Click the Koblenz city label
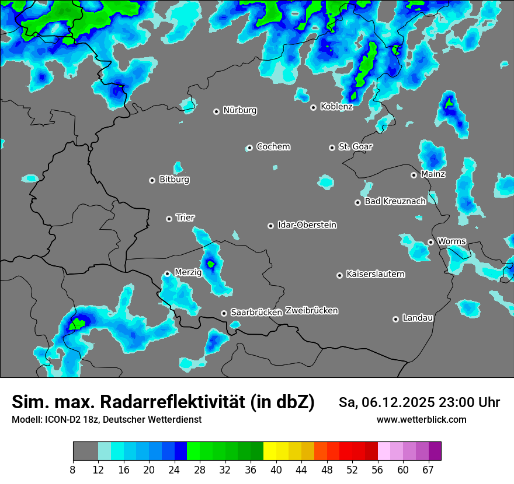tap(336, 107)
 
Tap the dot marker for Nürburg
tap(216, 111)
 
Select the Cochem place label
tap(273, 146)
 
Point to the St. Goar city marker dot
tap(332, 148)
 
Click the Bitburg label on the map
tap(174, 180)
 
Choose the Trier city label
tap(185, 218)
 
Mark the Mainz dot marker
tap(414, 175)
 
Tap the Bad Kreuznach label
tap(395, 201)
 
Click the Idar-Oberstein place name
tap(307, 225)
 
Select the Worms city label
tap(452, 241)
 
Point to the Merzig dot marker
tap(167, 273)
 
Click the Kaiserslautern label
tap(375, 274)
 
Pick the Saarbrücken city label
tap(256, 312)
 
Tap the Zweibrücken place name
tap(311, 311)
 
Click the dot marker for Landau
tap(395, 319)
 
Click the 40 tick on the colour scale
tap(276, 469)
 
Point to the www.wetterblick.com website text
tap(421, 419)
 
